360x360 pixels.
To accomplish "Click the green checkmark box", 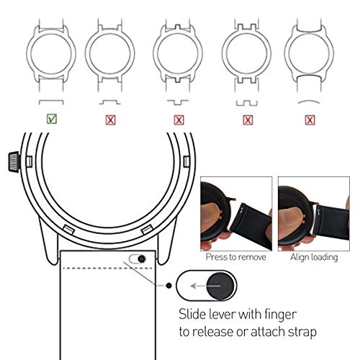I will coord(50,120).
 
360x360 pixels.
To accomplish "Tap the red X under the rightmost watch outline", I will coord(310,120).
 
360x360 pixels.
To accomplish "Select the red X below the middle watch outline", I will coord(179,120).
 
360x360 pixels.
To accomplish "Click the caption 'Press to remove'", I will coord(235,256).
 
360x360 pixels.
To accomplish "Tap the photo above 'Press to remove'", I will coord(235,213).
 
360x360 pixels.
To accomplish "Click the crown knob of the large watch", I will coord(12,160).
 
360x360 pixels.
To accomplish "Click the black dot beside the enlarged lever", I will coord(168,286).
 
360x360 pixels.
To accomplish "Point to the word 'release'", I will coord(217,333).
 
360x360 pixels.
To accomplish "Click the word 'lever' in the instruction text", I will coord(232,315).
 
